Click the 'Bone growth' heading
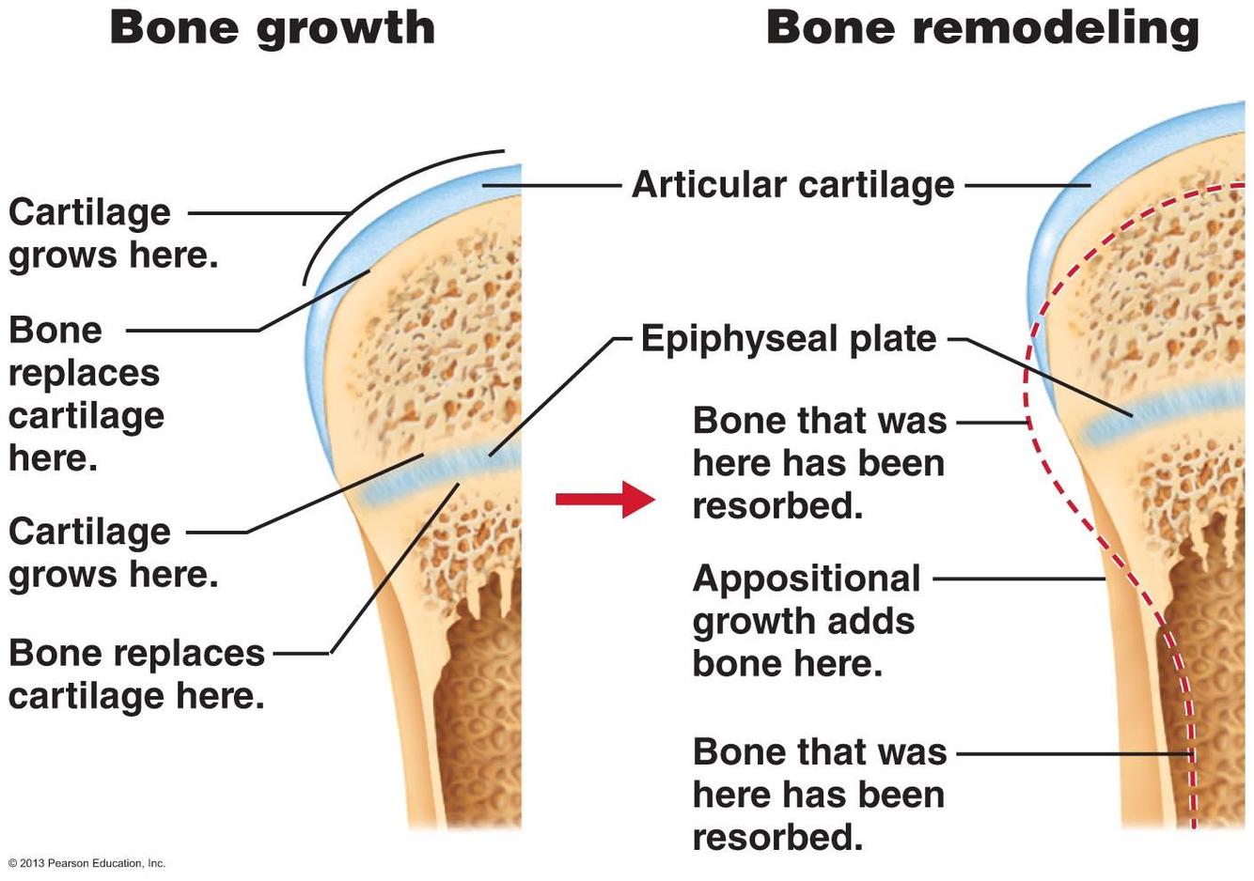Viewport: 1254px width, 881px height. pos(273,27)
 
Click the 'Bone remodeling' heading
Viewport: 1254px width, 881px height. pos(982,27)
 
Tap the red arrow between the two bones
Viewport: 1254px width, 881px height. pos(605,499)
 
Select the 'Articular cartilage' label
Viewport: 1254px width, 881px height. pos(792,184)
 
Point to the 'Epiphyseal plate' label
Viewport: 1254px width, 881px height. pos(789,338)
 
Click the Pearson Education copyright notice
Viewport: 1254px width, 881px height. pos(86,863)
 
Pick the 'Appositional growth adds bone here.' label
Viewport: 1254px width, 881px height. pos(806,621)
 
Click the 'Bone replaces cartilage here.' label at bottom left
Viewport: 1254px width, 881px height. pos(136,674)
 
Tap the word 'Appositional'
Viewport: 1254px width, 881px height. pos(807,579)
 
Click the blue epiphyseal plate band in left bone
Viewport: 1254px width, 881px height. pos(442,475)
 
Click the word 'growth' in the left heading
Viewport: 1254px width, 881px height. pos(345,27)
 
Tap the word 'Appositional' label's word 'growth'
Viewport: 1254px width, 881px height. pos(743,622)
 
